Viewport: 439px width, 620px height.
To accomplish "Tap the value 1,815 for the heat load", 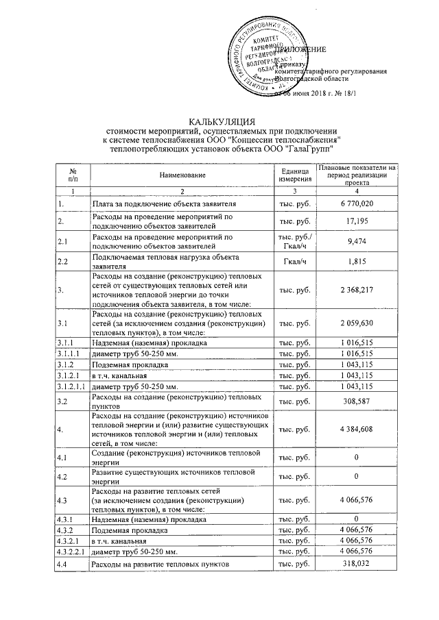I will pyautogui.click(x=357, y=261).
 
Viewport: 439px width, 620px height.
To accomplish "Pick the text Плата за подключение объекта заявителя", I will pyautogui.click(x=165, y=204).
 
